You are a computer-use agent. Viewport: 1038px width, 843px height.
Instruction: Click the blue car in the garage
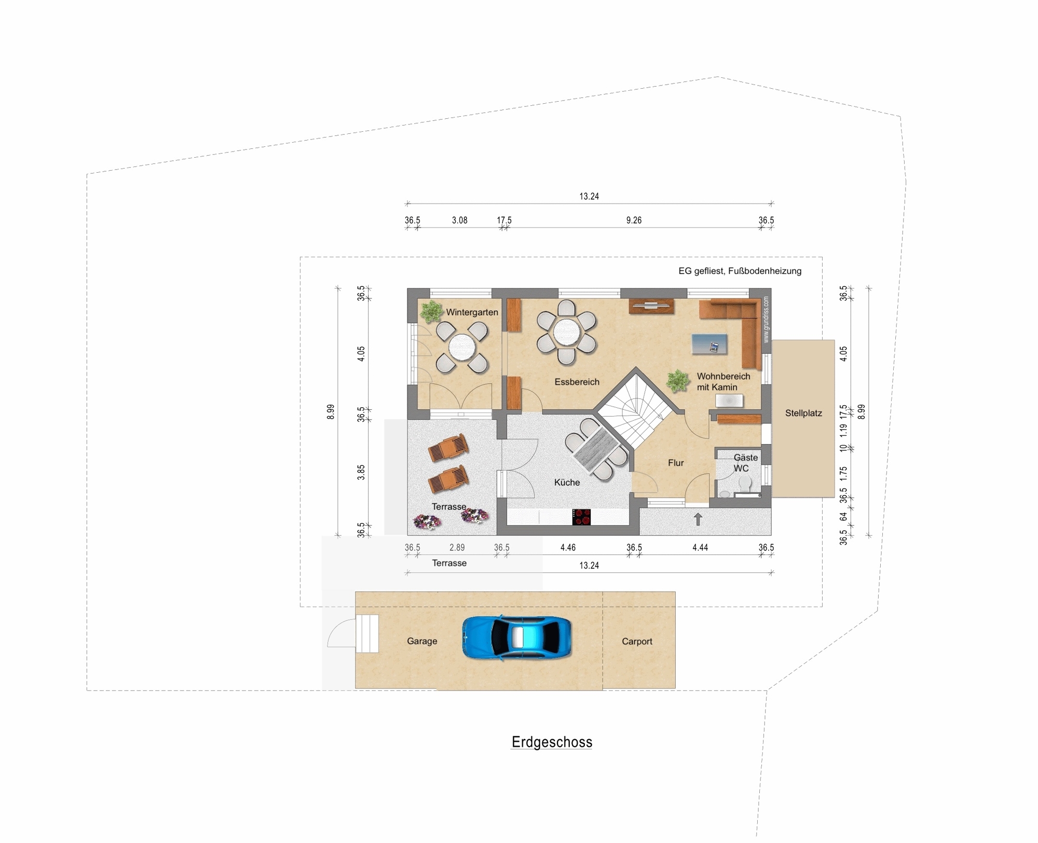click(517, 638)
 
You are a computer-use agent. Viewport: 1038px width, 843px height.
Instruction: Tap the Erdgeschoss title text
click(552, 742)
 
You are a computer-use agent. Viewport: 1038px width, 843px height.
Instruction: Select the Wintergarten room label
click(472, 312)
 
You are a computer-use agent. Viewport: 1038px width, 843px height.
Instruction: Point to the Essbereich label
click(577, 382)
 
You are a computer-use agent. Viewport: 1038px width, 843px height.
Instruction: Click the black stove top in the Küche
click(581, 517)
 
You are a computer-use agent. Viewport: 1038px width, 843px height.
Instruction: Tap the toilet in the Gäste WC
click(745, 483)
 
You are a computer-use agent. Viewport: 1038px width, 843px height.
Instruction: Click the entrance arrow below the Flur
click(698, 519)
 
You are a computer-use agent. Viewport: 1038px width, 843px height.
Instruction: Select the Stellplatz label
click(803, 413)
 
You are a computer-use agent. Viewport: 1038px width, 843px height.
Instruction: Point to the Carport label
click(637, 641)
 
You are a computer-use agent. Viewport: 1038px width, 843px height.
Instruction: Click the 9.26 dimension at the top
click(634, 220)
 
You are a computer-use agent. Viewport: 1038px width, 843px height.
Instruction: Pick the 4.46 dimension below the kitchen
click(568, 547)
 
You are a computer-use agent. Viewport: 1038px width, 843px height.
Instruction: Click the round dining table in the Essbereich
click(566, 331)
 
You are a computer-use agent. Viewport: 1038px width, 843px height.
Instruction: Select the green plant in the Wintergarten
click(431, 311)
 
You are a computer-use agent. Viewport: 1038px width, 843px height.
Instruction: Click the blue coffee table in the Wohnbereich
click(709, 344)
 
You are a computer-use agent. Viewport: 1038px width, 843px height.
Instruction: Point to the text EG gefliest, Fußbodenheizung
click(740, 271)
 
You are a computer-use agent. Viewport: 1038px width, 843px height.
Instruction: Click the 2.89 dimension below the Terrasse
click(457, 547)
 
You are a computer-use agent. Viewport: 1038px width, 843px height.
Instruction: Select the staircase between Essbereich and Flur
click(636, 408)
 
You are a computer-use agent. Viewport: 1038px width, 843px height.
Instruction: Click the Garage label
click(422, 641)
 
